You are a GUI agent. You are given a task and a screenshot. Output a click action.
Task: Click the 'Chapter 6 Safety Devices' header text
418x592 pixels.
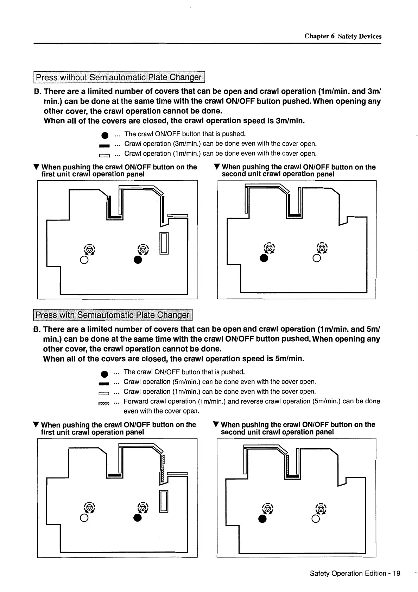coord(343,36)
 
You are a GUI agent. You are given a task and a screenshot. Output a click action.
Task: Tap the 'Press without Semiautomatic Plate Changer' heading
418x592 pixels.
coord(119,77)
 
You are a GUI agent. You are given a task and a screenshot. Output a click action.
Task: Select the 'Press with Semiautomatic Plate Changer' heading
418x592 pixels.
coord(113,315)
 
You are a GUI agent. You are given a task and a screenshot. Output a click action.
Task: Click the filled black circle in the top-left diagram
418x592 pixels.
coord(138,260)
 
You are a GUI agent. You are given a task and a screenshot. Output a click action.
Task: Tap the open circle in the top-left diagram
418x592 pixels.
coord(84,260)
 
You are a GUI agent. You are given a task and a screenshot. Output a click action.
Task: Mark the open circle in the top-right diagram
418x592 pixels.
coord(316,258)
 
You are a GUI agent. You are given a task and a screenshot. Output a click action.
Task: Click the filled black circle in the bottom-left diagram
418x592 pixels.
coord(138,518)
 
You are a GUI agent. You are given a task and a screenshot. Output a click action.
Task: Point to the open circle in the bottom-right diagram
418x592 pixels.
coord(316,519)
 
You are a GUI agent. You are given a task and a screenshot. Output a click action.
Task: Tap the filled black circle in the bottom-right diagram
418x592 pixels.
coord(262,519)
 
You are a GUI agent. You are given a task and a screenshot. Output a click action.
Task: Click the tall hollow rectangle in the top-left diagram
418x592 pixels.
coord(164,243)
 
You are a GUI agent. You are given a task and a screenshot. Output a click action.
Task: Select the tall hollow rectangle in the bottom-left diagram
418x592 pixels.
coord(164,501)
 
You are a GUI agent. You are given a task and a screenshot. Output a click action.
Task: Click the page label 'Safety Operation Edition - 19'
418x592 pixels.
coord(355,573)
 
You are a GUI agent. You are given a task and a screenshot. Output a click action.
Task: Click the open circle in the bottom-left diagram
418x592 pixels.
coord(84,518)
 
